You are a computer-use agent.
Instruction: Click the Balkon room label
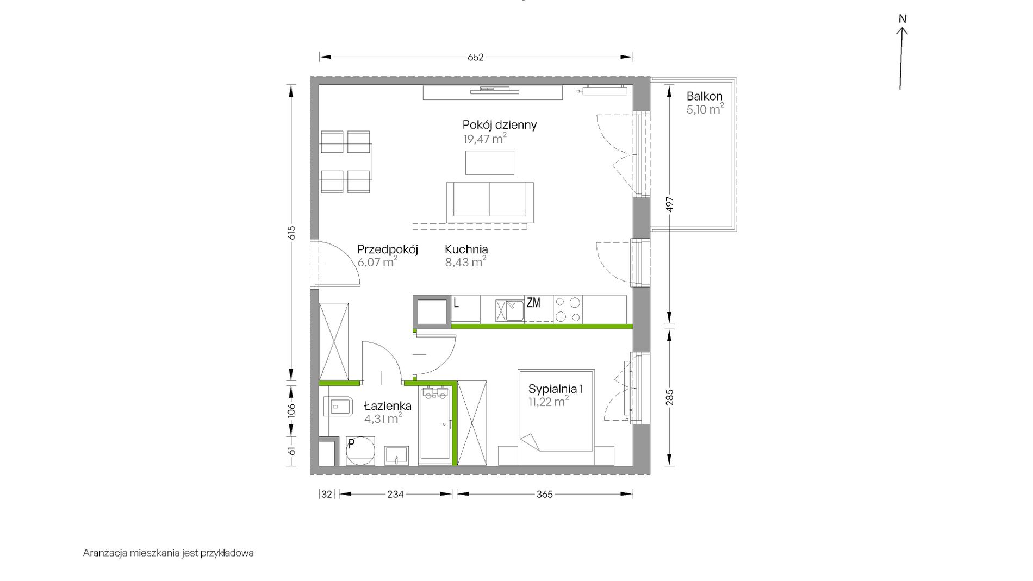click(x=704, y=96)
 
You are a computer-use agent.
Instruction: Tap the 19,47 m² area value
click(x=485, y=139)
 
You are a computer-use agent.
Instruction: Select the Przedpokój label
click(x=388, y=250)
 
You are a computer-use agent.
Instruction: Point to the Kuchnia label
click(x=466, y=249)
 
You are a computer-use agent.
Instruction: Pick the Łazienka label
click(x=388, y=406)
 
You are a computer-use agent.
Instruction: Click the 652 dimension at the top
click(x=476, y=57)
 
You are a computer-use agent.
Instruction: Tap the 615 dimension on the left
click(x=291, y=233)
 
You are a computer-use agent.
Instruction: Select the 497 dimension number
click(x=670, y=205)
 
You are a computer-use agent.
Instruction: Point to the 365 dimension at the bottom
click(x=544, y=494)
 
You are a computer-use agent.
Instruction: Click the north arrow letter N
click(x=903, y=19)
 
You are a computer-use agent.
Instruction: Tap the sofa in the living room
click(x=490, y=202)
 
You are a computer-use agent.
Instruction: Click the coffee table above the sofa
click(x=490, y=163)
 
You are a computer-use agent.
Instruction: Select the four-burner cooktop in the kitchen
click(x=568, y=309)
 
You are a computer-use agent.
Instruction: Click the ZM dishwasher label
click(x=533, y=303)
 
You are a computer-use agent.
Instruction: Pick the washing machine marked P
click(x=360, y=451)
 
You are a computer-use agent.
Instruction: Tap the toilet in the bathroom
click(x=337, y=406)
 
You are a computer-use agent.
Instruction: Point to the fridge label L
click(x=456, y=303)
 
